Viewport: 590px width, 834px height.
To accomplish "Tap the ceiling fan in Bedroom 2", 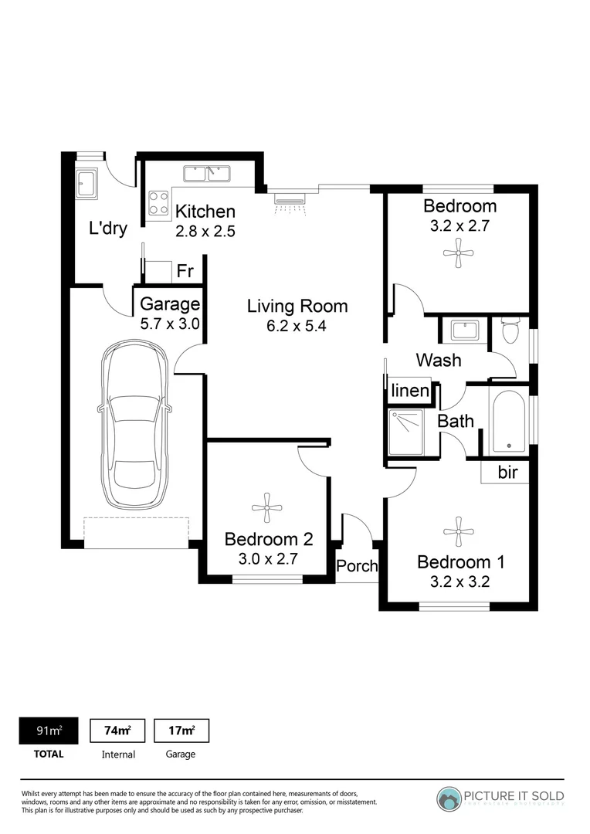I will (x=267, y=505).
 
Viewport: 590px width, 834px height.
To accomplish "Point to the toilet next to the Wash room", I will (x=510, y=331).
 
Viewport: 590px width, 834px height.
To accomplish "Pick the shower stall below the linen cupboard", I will (x=405, y=432).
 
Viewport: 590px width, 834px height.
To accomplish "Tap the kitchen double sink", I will (x=207, y=173).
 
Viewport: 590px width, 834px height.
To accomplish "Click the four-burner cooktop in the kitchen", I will (x=159, y=203).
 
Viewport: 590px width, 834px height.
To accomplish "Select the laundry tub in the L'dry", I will (x=86, y=183).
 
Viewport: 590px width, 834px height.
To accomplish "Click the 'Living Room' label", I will (x=297, y=306).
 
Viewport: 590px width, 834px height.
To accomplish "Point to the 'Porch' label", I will (x=357, y=566).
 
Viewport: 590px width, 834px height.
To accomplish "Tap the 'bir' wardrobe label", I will (x=507, y=473).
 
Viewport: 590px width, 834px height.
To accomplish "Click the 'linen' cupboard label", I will (x=410, y=391).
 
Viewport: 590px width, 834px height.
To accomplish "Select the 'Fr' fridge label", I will (x=185, y=271).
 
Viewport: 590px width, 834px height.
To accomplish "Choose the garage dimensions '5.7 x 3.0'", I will (x=170, y=324).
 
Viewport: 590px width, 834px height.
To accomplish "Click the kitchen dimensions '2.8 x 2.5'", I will (x=205, y=231).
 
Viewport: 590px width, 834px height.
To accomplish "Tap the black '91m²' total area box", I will (x=48, y=731).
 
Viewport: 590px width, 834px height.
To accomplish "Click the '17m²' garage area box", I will (x=181, y=731).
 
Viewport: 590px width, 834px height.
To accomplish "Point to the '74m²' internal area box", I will (x=117, y=731).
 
